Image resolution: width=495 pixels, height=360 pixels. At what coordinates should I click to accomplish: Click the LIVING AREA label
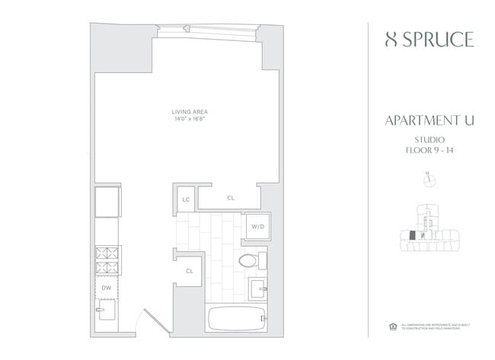coord(189,113)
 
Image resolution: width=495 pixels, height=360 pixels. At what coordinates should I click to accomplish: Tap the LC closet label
coord(185,199)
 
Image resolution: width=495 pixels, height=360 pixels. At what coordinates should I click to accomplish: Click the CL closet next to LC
coord(230,198)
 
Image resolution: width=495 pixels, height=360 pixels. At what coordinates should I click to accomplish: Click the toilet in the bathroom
coord(250,261)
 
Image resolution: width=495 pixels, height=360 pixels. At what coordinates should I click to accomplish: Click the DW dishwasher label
coord(107,288)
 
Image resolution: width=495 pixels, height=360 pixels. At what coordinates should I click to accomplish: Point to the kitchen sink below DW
coord(105,311)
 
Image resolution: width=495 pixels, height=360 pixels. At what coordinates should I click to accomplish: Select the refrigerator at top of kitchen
coord(107,202)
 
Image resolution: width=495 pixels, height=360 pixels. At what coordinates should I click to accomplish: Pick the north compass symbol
coord(428,180)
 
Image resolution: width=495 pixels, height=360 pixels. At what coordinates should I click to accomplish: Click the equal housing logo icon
coord(393,327)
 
